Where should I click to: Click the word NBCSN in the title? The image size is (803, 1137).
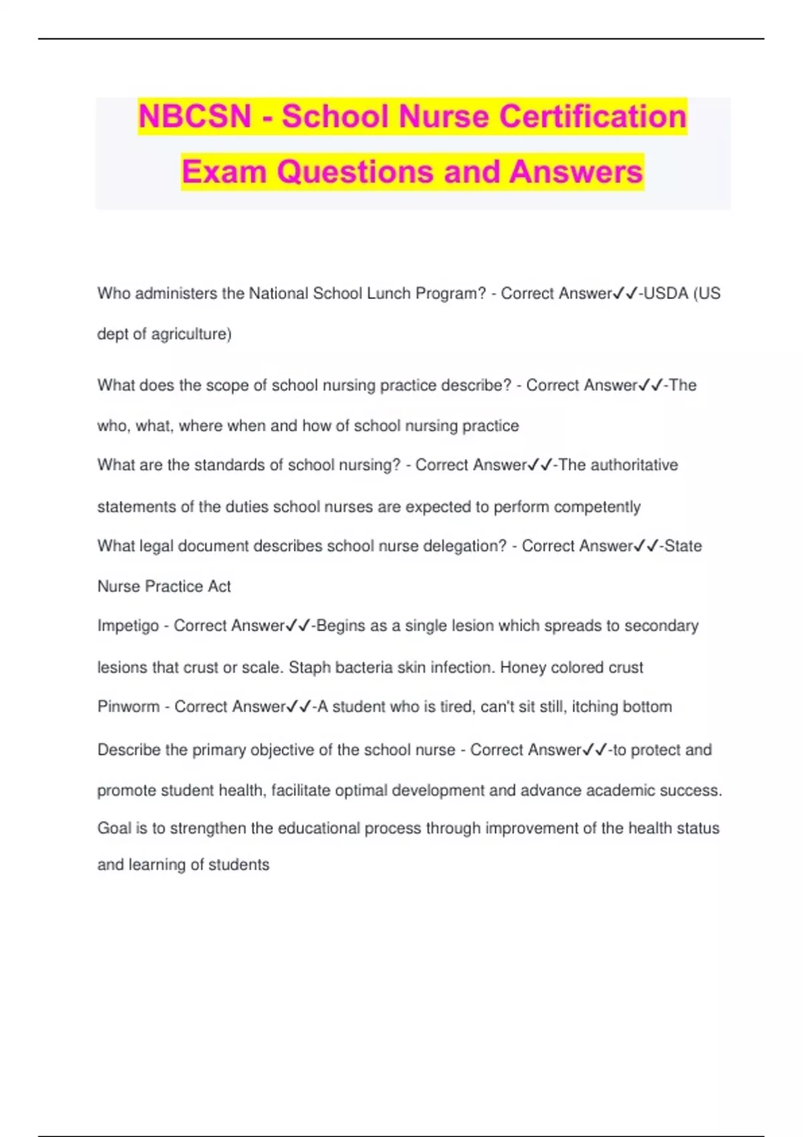pyautogui.click(x=195, y=116)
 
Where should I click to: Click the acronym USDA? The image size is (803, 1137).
pyautogui.click(x=666, y=294)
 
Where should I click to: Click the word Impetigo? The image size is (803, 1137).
pyautogui.click(x=128, y=626)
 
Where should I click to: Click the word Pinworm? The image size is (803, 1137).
pyautogui.click(x=128, y=707)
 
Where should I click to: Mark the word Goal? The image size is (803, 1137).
pyautogui.click(x=114, y=829)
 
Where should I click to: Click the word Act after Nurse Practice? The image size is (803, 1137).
pyautogui.click(x=219, y=587)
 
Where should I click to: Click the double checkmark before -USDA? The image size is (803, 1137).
pyautogui.click(x=626, y=294)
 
